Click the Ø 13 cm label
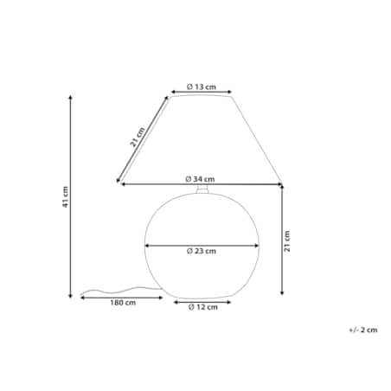point(202,87)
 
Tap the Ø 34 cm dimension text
point(200,179)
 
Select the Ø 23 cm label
point(202,251)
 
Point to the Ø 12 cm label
point(203,307)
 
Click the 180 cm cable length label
point(123,303)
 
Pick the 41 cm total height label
point(66,197)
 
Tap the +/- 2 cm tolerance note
point(363,330)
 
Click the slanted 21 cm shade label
point(138,137)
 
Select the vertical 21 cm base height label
point(287,241)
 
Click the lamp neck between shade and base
point(202,189)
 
